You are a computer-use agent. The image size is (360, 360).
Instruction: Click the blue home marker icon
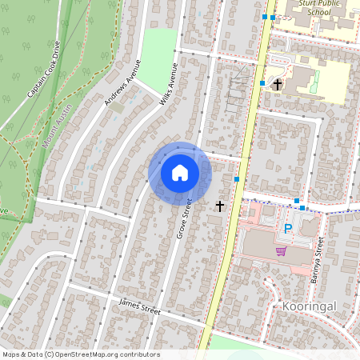180,173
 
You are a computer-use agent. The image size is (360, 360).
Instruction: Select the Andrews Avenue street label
122,82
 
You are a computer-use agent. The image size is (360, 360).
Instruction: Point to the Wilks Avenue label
166,86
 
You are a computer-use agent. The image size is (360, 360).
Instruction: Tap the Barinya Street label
318,255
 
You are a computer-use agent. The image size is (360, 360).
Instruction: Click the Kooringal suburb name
308,306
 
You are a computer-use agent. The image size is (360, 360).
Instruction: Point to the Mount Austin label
56,124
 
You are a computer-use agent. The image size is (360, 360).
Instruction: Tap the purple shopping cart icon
281,251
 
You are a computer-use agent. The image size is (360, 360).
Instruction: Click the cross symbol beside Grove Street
220,206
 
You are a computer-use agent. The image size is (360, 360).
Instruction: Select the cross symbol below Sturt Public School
278,84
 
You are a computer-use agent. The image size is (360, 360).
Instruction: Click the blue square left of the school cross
262,83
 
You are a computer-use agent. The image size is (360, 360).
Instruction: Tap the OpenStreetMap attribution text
80,354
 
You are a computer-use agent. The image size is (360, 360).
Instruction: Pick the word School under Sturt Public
318,13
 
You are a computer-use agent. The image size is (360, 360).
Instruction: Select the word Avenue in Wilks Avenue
172,78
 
